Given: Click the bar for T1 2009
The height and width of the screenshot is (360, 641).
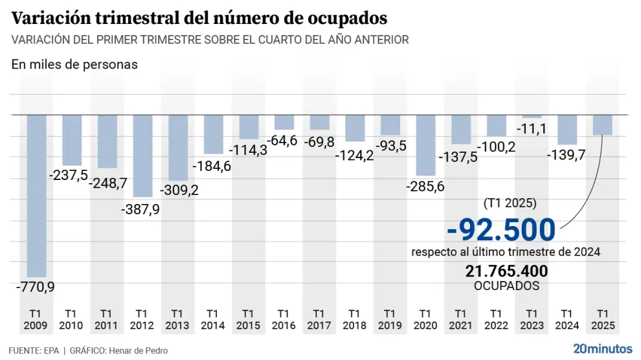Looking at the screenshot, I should click(x=36, y=196).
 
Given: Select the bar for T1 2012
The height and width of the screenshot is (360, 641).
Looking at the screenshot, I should click(x=142, y=156).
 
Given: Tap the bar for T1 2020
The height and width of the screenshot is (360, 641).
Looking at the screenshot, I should click(x=425, y=145).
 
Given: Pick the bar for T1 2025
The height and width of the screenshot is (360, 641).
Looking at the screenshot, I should click(x=603, y=125).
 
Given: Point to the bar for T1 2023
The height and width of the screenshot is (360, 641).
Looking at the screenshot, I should click(x=532, y=117).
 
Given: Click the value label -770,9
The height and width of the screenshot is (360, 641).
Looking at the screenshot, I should click(x=36, y=285).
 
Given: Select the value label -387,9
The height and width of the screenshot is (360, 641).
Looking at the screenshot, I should click(x=142, y=209).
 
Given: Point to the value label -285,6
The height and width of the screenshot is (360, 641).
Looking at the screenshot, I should click(x=425, y=186).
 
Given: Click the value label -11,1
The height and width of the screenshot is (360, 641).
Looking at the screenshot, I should click(x=532, y=129).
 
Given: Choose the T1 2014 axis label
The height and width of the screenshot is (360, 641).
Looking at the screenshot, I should click(x=213, y=319).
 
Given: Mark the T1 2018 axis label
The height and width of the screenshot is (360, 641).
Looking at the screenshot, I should click(x=355, y=319).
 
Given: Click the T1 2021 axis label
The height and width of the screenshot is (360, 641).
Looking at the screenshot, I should click(x=461, y=319).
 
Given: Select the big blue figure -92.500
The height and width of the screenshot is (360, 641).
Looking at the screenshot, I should click(x=501, y=230).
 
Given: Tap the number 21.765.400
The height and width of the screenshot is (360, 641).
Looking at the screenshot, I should click(x=506, y=271).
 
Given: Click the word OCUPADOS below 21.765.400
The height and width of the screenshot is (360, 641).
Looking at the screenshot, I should click(x=506, y=286).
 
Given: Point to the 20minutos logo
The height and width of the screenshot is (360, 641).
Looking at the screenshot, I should click(x=603, y=348).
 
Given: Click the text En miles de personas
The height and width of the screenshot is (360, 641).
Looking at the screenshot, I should click(x=74, y=65).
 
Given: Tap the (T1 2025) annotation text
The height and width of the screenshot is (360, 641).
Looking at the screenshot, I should click(x=510, y=203).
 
